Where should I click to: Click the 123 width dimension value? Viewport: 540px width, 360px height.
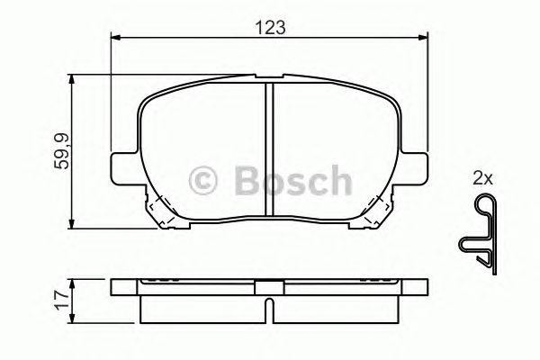click(x=269, y=27)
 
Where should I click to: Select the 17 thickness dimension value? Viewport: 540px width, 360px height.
click(x=62, y=299)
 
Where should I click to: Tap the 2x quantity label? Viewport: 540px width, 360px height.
click(x=482, y=179)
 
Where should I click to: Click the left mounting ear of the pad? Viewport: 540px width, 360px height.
click(x=121, y=167)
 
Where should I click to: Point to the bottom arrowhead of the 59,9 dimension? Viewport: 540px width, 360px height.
click(x=73, y=224)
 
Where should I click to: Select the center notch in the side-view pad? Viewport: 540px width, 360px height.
click(x=268, y=290)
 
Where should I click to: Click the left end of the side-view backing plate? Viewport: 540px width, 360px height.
click(x=115, y=290)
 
